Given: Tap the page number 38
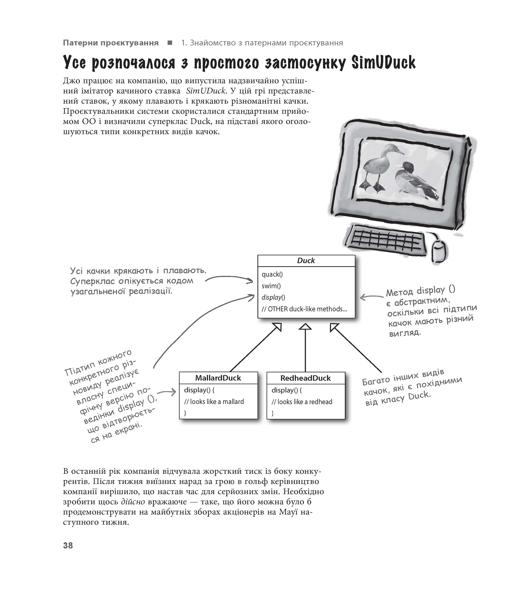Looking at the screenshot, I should click(x=68, y=546).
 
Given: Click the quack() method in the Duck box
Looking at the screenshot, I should click(x=272, y=274).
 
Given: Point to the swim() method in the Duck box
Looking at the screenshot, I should click(x=271, y=286).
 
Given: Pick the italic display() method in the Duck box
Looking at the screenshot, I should click(x=273, y=297).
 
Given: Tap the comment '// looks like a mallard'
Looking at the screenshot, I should click(x=214, y=402).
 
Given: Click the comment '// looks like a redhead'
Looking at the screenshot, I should click(x=302, y=402).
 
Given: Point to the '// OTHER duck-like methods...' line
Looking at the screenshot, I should click(x=304, y=309).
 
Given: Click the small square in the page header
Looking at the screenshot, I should click(x=170, y=43).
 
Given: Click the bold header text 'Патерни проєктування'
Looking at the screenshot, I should click(x=111, y=43).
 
